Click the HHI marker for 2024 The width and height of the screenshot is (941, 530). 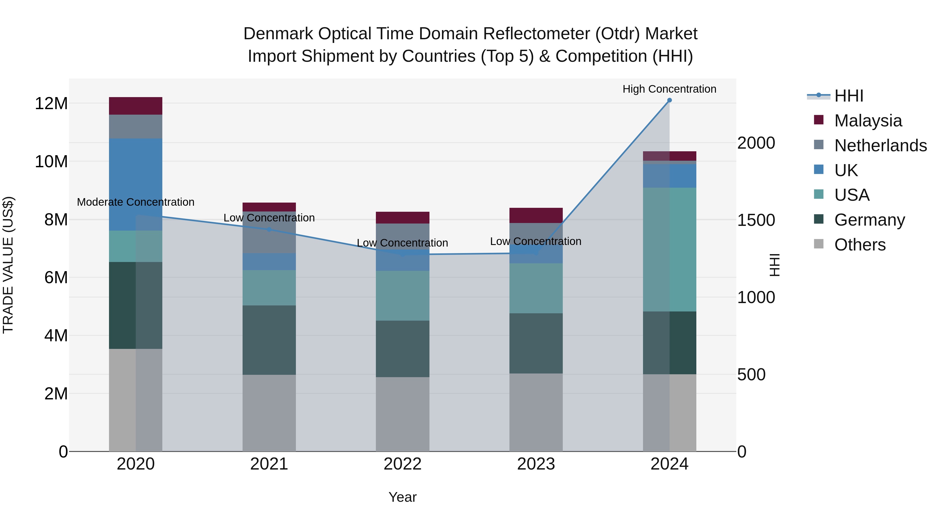(669, 100)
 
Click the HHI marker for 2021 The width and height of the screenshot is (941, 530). (269, 229)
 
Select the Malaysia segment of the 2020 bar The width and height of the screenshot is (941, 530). (135, 106)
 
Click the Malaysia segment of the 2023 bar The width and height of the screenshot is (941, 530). (536, 215)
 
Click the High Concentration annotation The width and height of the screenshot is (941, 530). (669, 89)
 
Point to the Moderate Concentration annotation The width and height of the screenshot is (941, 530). (135, 202)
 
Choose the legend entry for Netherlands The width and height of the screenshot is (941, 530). (880, 145)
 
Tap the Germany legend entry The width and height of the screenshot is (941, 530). (869, 220)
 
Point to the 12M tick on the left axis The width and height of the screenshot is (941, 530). (51, 103)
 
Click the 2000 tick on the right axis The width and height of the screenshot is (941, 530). (756, 143)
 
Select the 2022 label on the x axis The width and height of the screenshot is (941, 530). (403, 464)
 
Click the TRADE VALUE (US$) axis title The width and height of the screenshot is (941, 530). (8, 265)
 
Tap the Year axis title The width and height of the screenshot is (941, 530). (403, 497)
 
